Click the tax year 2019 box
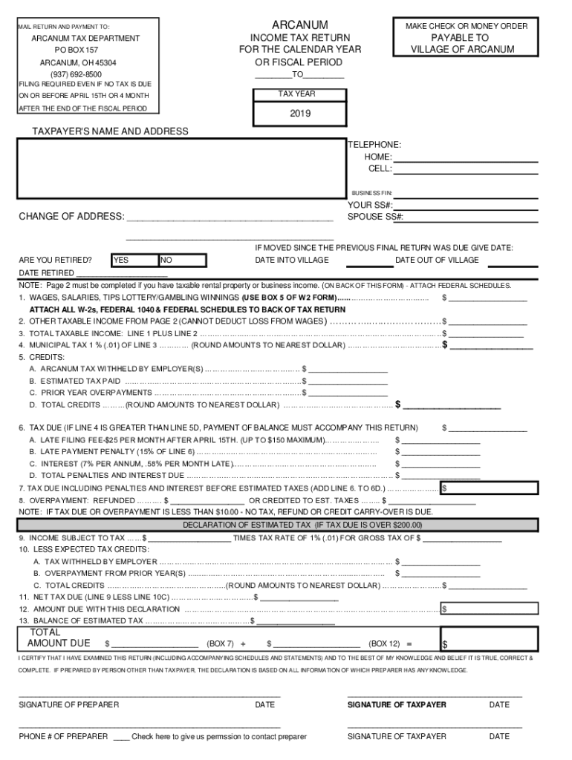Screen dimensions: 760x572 coord(300,114)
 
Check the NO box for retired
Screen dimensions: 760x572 coord(182,261)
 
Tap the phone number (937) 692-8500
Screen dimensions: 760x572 coord(76,75)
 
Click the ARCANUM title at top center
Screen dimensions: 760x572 coord(300,25)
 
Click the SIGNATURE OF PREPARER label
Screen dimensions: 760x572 coord(68,704)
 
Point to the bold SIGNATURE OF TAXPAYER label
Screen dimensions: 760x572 coord(397,704)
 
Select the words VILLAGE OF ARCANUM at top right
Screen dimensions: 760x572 coord(461,50)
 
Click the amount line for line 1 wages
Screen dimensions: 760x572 coord(487,298)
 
